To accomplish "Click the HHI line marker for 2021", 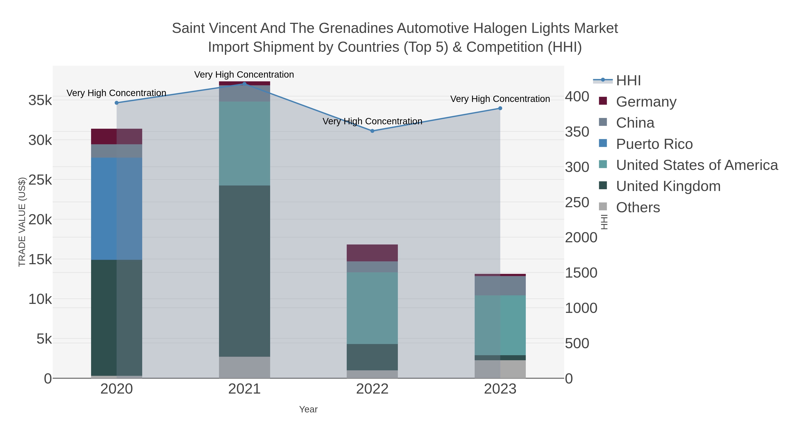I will click(x=244, y=84).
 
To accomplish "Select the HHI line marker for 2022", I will click(x=372, y=131).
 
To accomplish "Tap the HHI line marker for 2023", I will click(x=500, y=108).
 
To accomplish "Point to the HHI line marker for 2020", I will click(x=117, y=103).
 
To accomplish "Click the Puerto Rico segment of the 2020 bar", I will click(x=117, y=209).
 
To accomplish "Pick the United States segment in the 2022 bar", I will click(x=372, y=308).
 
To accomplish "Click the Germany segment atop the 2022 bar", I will click(x=372, y=253).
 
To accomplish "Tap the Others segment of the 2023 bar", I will click(x=500, y=369).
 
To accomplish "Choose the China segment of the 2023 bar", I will click(x=500, y=285).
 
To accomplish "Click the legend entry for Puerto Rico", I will click(x=654, y=144).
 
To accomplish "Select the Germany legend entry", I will click(x=646, y=102).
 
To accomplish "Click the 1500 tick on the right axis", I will click(x=581, y=273).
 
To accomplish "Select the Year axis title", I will click(x=308, y=409).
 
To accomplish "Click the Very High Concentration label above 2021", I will click(x=244, y=75).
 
